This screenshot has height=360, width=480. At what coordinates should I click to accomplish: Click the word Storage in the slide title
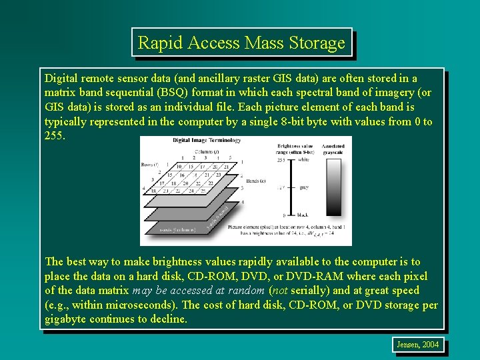coord(317,43)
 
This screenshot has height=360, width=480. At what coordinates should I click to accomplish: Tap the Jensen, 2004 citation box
coord(418,345)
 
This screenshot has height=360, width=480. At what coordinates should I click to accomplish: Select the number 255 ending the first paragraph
coord(55,135)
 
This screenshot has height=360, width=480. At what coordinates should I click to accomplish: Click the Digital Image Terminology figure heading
coord(207,141)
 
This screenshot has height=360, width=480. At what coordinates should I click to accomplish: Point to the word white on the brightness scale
coord(304,161)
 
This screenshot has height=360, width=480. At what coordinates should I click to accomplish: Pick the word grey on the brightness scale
coord(304,188)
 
